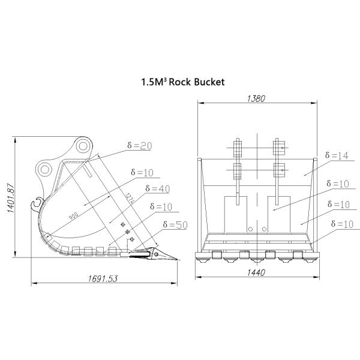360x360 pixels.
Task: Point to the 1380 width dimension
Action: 256,99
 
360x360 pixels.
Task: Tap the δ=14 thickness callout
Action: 335,155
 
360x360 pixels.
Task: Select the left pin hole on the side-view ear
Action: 44,170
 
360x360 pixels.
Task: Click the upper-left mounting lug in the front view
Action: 237,146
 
